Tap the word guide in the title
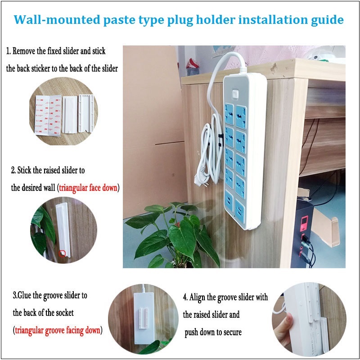(327, 20)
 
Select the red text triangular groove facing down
(58, 330)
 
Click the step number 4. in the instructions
(186, 297)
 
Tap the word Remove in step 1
(24, 51)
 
